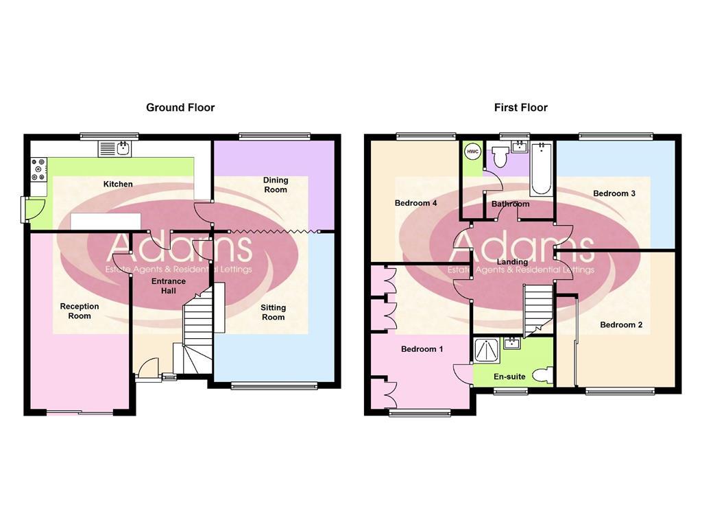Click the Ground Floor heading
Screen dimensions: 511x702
pos(180,108)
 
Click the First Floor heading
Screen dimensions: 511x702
pos(520,108)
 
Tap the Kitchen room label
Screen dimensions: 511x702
pos(118,184)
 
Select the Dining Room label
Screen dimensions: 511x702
pos(276,185)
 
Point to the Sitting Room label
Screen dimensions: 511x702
pos(273,312)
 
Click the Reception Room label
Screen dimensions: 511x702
pos(80,311)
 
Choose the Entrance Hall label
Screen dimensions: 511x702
pos(169,286)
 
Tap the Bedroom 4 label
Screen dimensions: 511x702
pos(415,203)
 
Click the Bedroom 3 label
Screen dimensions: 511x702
pos(614,193)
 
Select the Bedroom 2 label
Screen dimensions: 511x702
pos(621,324)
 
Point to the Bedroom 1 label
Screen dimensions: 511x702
pos(422,349)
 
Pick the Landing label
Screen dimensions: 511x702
pos(512,262)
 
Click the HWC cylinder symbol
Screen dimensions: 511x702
pos(472,151)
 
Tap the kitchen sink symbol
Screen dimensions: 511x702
pos(119,148)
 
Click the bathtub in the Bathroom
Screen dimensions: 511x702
pos(541,169)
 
